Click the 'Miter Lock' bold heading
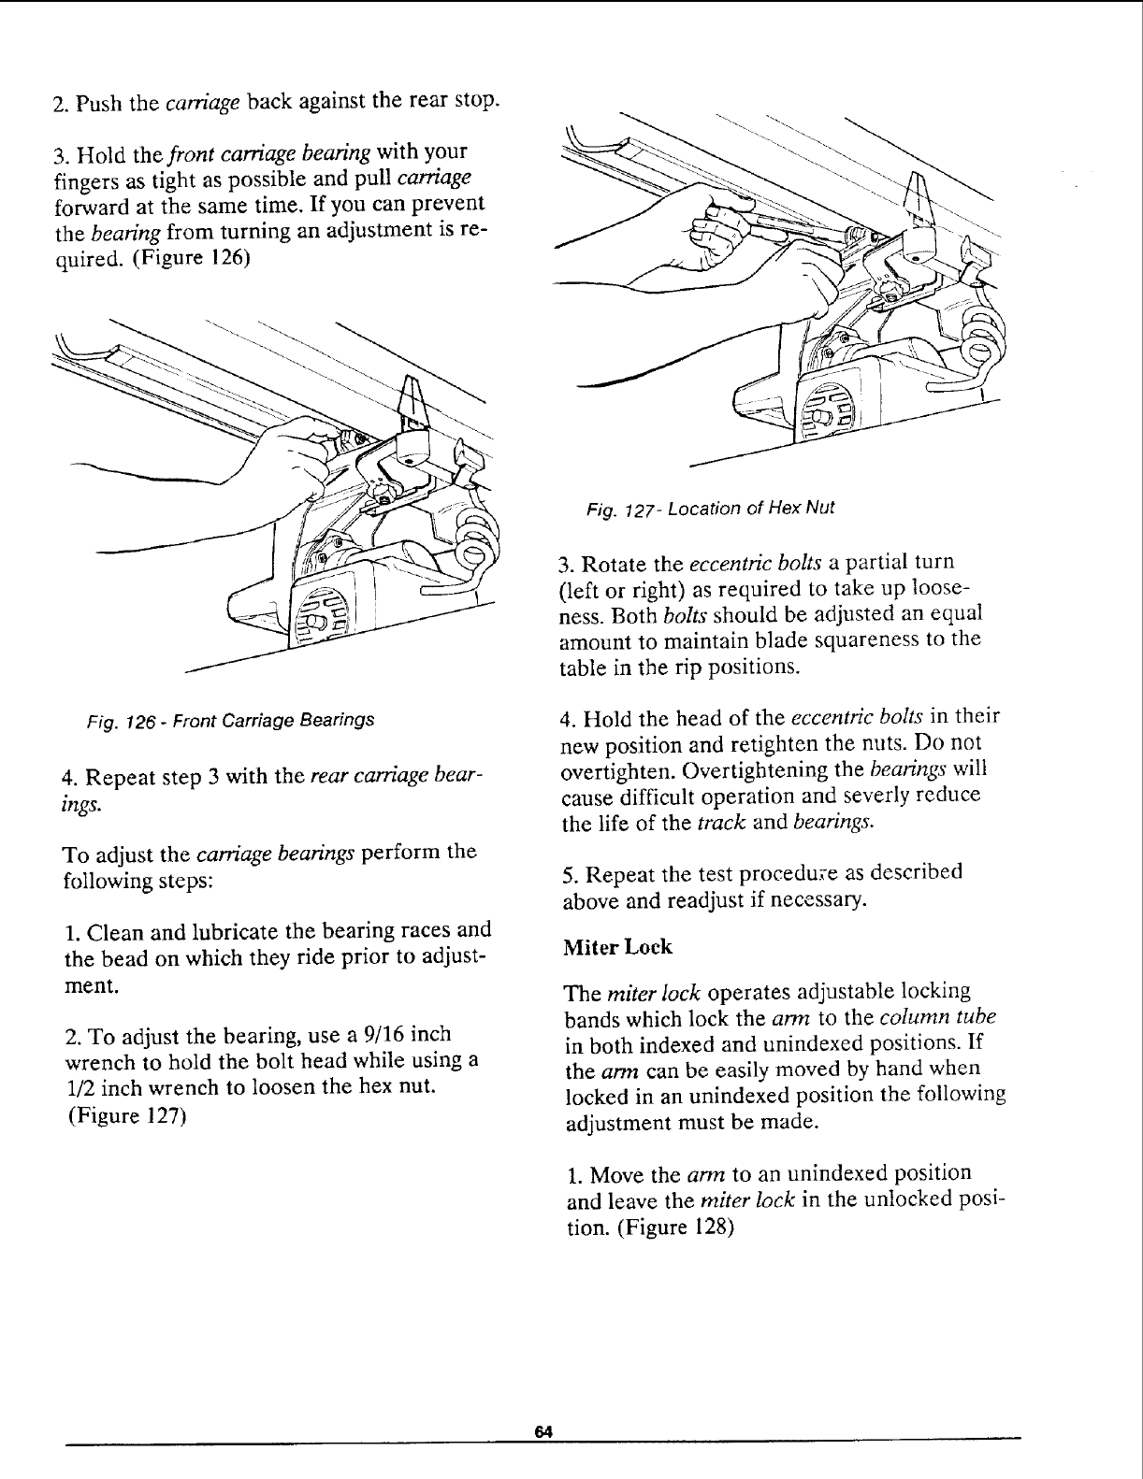[x=617, y=947]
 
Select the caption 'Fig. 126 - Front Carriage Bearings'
[x=231, y=720]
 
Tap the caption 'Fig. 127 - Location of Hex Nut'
[x=708, y=509]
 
